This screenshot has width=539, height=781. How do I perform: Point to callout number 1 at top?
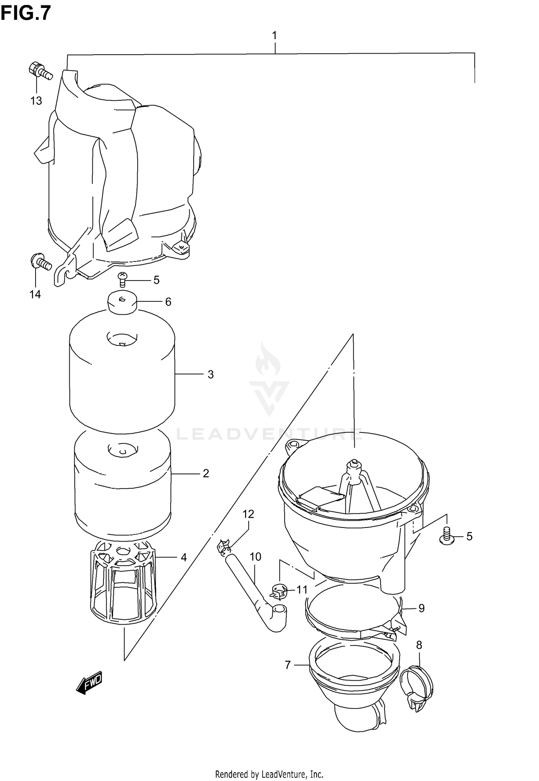pos(275,36)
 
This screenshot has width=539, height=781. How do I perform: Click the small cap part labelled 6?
pos(123,303)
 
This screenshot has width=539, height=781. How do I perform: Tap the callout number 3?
pos(211,375)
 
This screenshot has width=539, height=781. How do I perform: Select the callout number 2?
pos(206,474)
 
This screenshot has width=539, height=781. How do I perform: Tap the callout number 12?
pos(248,514)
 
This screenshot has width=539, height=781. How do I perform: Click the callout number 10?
pos(255,557)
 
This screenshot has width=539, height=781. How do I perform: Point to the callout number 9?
pos(421,608)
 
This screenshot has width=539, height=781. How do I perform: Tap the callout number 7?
pos(287,666)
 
